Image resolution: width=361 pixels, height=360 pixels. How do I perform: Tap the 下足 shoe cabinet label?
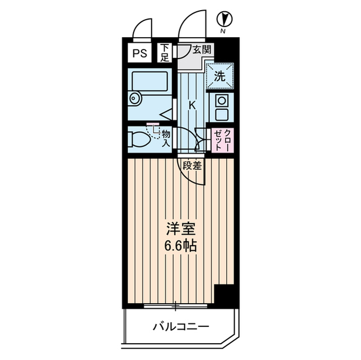click(x=164, y=52)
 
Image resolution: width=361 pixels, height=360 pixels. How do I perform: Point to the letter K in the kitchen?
click(x=192, y=105)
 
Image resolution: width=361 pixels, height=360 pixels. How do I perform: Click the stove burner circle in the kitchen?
click(x=221, y=101)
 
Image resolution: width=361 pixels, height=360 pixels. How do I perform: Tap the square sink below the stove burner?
click(x=221, y=115)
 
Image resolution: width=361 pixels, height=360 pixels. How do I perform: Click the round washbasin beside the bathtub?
click(x=134, y=99)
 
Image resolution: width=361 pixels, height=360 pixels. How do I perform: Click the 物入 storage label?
click(x=166, y=138)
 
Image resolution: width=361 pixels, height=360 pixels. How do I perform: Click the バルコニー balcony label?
click(x=180, y=326)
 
